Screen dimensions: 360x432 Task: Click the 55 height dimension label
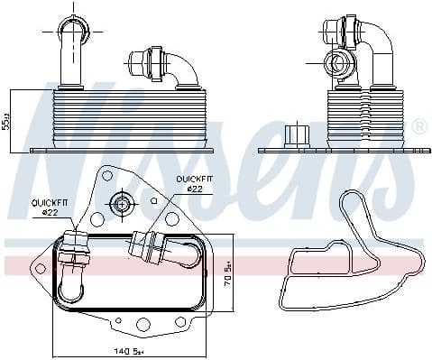(6, 121)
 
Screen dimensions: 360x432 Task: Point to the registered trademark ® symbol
(418, 128)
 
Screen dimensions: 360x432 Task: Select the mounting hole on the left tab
(38, 267)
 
